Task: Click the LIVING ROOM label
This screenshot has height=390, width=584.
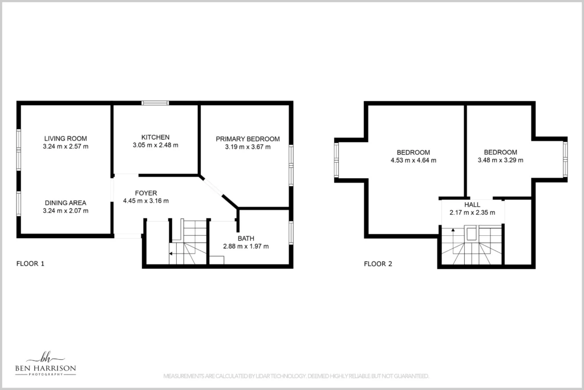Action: pos(65,138)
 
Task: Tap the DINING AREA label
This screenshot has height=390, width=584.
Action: pos(65,203)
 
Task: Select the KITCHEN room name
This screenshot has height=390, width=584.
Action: pos(155,137)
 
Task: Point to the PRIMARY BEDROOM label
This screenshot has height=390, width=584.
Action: pos(248,139)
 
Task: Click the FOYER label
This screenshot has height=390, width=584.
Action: pos(145,193)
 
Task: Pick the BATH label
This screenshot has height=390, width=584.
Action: pos(246,239)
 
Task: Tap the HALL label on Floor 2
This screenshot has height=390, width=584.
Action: pos(472,204)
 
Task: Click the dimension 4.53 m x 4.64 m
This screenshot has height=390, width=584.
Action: pos(413,160)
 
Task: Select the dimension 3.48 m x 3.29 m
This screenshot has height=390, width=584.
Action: pos(500,160)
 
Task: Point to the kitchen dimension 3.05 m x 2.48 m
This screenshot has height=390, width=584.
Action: pos(155,145)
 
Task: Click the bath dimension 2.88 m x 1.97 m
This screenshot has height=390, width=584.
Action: pos(246,247)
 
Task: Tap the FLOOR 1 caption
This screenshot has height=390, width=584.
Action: pos(30,264)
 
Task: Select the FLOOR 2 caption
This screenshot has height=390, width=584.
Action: pos(378,264)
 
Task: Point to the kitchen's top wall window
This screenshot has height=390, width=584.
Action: pos(155,103)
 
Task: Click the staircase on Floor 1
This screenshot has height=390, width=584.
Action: pos(188,242)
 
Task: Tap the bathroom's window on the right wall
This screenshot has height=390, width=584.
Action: pos(291,232)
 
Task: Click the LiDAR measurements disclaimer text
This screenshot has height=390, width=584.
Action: pos(296,376)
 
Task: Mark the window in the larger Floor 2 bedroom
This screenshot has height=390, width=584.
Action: pos(336,160)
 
